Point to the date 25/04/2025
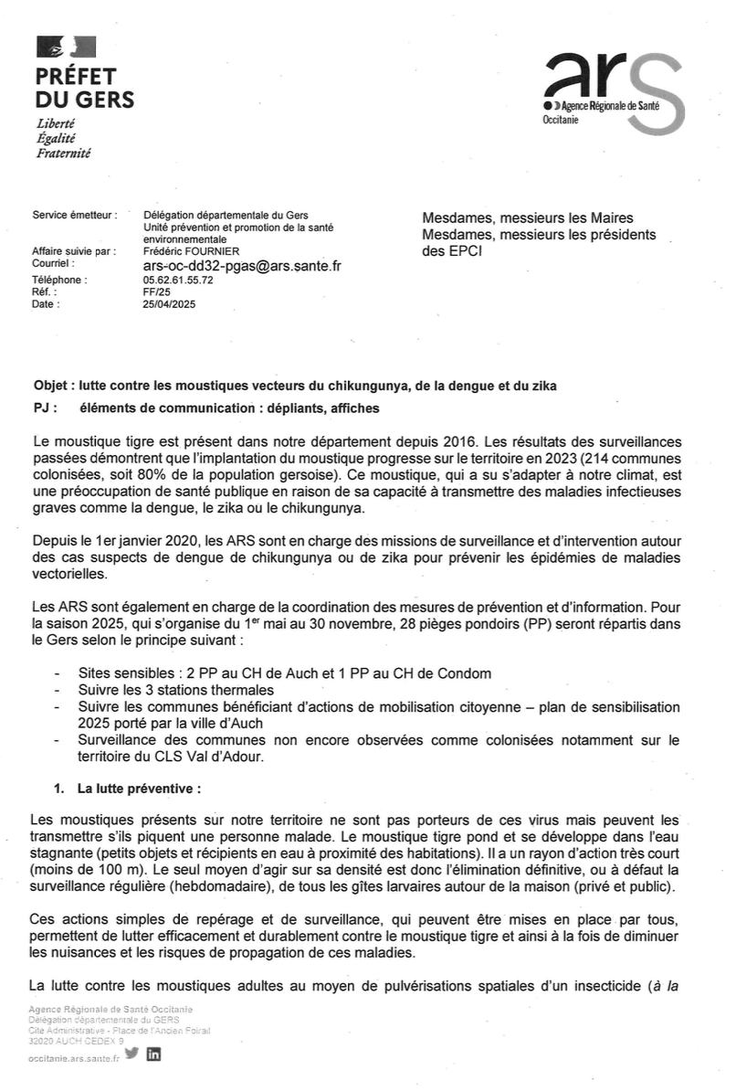coord(169,304)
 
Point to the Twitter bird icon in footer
coord(132,1053)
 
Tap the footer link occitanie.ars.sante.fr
coord(74,1057)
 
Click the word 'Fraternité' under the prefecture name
coord(63,154)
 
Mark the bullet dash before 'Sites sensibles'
coord(59,673)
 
